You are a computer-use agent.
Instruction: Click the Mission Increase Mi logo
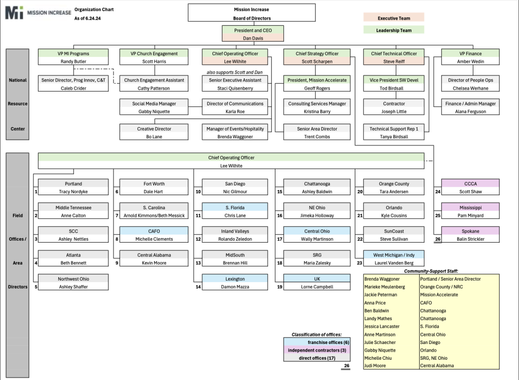[38, 13]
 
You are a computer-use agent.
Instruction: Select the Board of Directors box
[251, 13]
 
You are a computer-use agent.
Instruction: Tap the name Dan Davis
[253, 38]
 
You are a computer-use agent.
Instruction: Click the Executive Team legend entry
[393, 18]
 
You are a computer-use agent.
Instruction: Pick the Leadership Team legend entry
[393, 30]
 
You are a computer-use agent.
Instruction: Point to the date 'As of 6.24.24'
[87, 18]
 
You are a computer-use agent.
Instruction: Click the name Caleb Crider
[73, 88]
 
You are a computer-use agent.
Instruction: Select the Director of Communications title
[235, 103]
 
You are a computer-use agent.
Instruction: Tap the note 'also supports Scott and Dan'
[234, 72]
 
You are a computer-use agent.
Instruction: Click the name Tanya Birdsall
[394, 137]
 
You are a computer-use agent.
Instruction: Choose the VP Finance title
[470, 54]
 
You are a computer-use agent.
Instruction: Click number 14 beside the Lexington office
[198, 287]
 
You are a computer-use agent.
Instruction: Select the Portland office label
[73, 184]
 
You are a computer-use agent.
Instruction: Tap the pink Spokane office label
[470, 231]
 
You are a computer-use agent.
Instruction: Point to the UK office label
[317, 279]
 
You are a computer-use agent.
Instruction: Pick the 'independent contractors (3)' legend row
[317, 350]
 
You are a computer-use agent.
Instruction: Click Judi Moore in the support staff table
[375, 366]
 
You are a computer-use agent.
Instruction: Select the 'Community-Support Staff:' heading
[431, 271]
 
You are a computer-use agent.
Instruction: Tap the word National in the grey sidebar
[18, 80]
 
